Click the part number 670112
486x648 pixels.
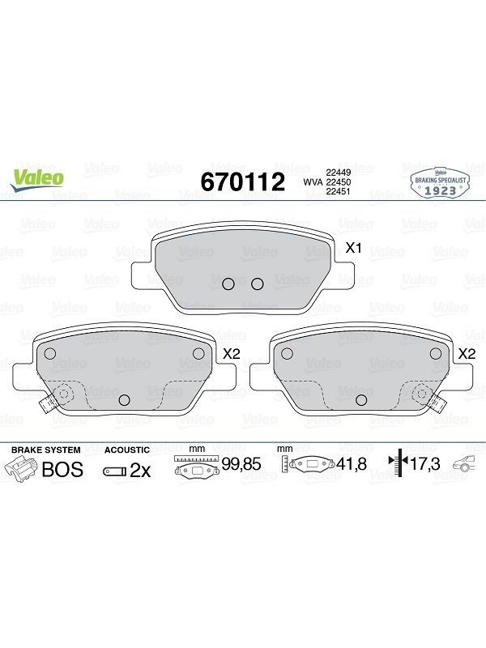coord(242,181)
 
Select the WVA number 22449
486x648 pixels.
coord(339,173)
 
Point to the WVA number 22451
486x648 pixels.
coord(339,191)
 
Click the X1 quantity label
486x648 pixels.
coord(354,248)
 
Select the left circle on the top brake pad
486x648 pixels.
coord(228,284)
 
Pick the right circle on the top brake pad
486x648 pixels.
coord(258,284)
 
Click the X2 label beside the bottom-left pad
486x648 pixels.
coord(232,354)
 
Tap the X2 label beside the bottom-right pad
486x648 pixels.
coord(467,354)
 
